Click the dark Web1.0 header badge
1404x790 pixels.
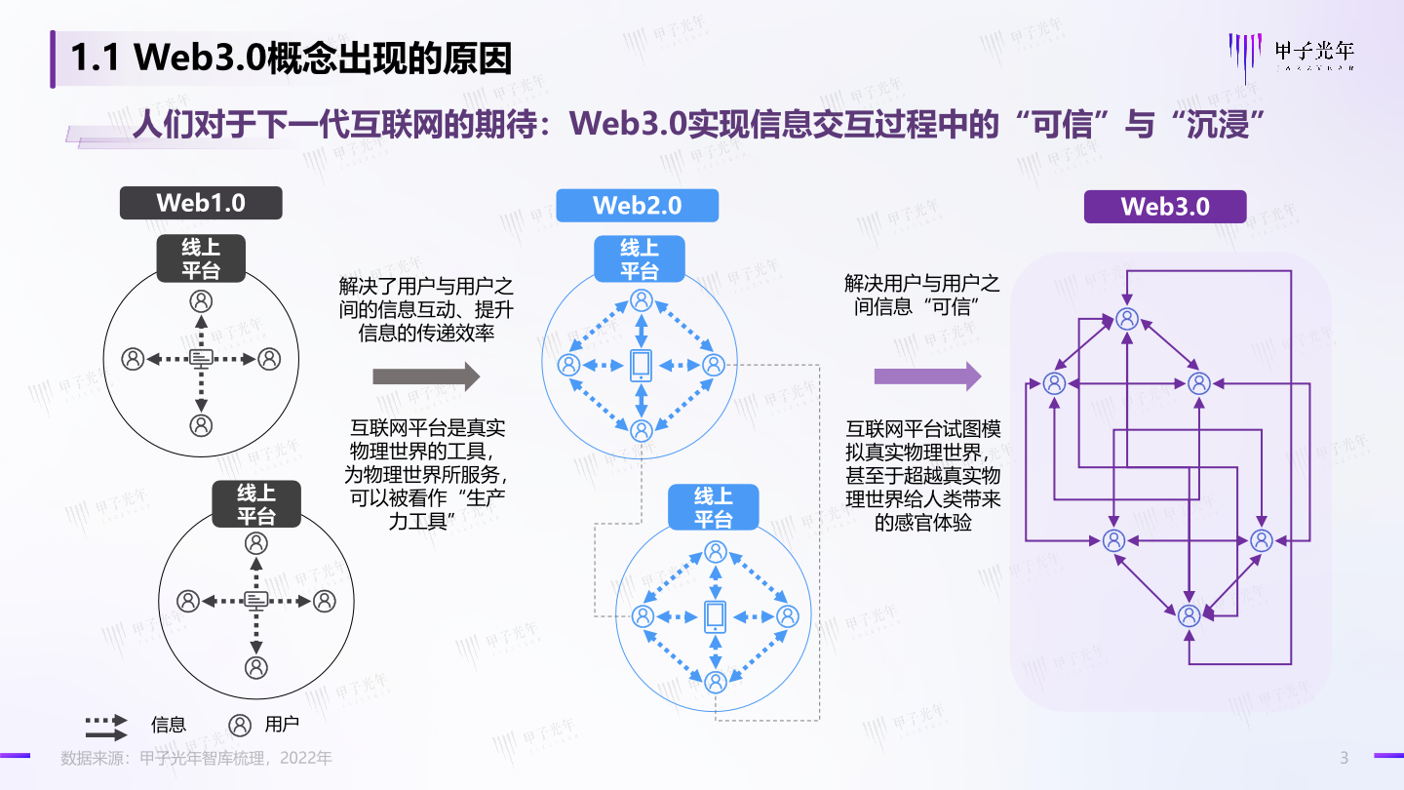[x=201, y=203]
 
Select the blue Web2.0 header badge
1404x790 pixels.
[x=637, y=206]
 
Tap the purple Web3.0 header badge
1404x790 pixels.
[x=1165, y=206]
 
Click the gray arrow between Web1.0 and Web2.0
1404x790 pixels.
[x=427, y=375]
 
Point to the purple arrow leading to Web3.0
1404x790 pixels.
[x=926, y=375]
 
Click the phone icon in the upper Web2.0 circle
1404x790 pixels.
[x=641, y=365]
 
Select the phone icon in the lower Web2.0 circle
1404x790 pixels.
[x=715, y=615]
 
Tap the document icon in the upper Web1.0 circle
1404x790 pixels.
[x=201, y=359]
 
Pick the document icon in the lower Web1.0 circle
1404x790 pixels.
[x=255, y=600]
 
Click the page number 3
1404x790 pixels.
[x=1345, y=758]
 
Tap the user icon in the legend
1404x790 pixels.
[x=240, y=725]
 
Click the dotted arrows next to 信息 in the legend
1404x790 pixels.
[x=106, y=726]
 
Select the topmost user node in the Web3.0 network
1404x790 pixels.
[x=1127, y=318]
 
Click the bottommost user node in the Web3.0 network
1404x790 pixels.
[x=1189, y=615]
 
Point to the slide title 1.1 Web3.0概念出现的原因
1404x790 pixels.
[x=291, y=59]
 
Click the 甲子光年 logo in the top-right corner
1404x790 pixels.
[x=1293, y=55]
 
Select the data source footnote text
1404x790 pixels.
[x=196, y=758]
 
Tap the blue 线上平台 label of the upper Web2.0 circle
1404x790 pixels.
[x=640, y=259]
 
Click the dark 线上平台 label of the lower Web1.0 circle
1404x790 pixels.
[x=256, y=504]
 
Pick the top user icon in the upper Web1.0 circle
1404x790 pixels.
[x=201, y=299]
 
